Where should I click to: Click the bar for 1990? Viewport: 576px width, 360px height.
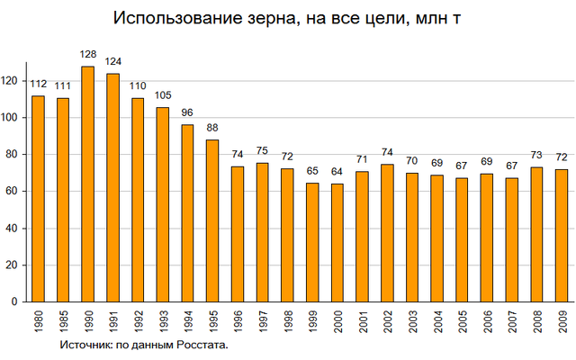click(88, 184)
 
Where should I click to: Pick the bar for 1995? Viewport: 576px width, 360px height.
click(212, 220)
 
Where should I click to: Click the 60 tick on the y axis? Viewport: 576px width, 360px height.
click(14, 192)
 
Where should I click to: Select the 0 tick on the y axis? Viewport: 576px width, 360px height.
click(17, 302)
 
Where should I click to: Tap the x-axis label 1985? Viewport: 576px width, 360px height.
click(63, 321)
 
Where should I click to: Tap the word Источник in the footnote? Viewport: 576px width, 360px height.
click(86, 345)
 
